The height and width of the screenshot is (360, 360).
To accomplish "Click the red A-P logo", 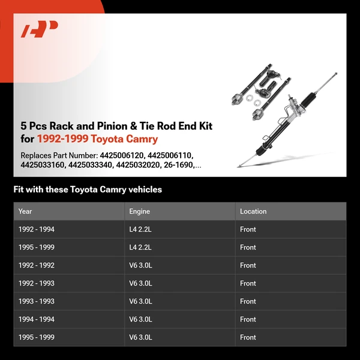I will (40, 29).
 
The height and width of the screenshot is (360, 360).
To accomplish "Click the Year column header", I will (25, 211).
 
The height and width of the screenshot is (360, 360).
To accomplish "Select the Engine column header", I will (139, 211).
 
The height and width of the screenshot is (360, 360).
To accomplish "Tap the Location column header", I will (253, 211).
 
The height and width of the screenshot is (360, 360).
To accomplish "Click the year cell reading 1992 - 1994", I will (36, 229).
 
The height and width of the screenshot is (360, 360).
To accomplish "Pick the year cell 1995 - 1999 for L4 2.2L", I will (36, 247).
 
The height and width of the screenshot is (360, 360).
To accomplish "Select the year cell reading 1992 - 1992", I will (36, 265).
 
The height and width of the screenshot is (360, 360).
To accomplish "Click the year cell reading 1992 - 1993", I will (36, 283).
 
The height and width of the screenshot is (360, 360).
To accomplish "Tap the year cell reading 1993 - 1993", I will (36, 301).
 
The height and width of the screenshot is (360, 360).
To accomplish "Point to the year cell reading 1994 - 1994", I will (36, 319).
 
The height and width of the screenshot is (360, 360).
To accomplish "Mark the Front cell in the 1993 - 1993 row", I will (248, 301).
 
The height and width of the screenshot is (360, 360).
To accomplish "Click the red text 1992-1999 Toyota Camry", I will (97, 139).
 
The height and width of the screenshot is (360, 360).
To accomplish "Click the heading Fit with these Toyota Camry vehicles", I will (88, 190).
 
